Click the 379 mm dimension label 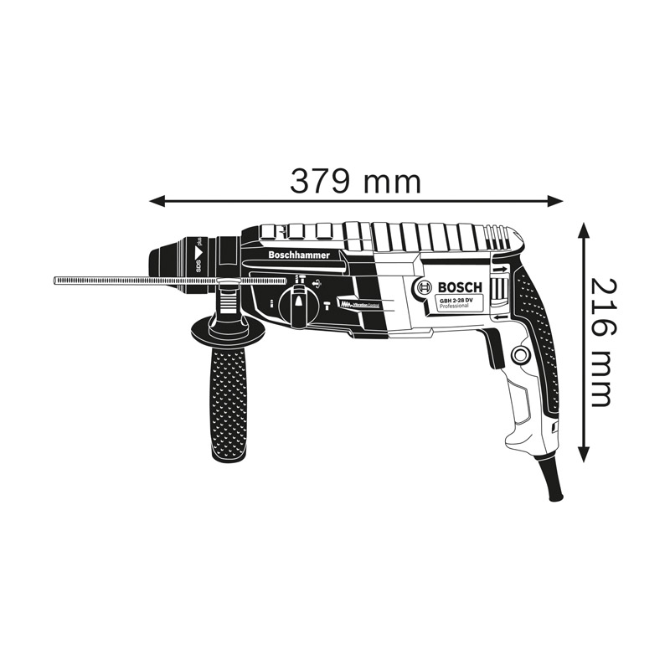pyautogui.click(x=355, y=181)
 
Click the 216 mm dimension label pyautogui.click(x=600, y=341)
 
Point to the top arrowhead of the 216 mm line pyautogui.click(x=583, y=228)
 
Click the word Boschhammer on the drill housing pyautogui.click(x=300, y=254)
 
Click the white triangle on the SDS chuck pyautogui.click(x=200, y=250)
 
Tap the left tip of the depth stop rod pyautogui.click(x=55, y=279)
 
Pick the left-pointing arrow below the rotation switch pyautogui.click(x=500, y=317)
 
